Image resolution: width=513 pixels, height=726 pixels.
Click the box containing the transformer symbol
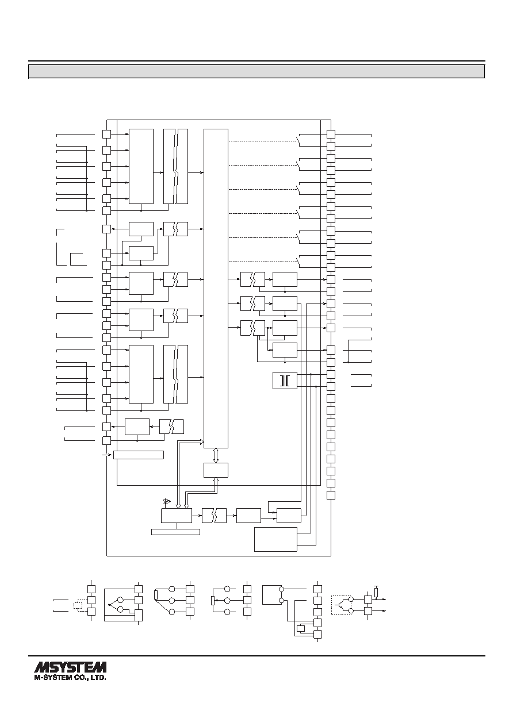tap(285, 381)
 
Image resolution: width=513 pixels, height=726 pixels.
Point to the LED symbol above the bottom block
tap(167, 502)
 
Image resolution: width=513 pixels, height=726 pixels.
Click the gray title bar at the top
tap(256, 71)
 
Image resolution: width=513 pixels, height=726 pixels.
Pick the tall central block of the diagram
tap(216, 288)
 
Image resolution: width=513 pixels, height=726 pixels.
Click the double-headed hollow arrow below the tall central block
tap(216, 455)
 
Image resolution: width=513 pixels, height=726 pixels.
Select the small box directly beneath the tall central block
tap(216, 470)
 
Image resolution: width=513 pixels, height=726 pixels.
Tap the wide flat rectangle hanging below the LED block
tap(175, 532)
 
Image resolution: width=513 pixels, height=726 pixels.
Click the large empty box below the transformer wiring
tap(275, 539)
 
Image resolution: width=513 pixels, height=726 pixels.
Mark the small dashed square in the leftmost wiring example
tap(79, 605)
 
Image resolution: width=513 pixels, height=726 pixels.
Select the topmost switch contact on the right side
tap(298, 140)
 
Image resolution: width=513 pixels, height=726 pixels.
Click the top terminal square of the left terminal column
tap(107, 134)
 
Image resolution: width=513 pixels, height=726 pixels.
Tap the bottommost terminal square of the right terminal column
tap(331, 495)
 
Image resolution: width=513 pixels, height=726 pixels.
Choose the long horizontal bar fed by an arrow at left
tap(139, 455)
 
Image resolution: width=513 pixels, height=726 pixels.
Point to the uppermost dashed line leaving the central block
tap(262, 141)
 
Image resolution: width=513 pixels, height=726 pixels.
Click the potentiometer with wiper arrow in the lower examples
tap(213, 600)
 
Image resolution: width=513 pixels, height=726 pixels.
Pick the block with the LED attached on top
tap(177, 516)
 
